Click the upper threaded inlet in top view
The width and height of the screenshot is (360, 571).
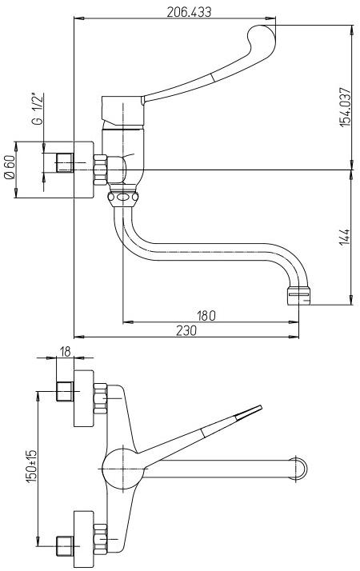click(66, 393)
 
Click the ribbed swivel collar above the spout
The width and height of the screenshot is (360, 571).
click(122, 197)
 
